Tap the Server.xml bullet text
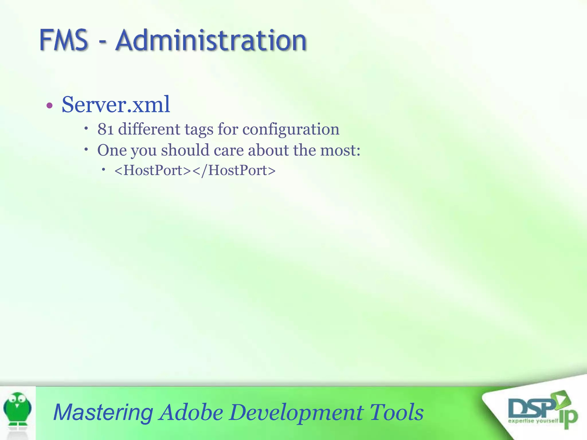(116, 105)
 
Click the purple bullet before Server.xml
(50, 106)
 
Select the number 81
(105, 129)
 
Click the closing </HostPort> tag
(234, 170)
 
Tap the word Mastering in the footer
(103, 412)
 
